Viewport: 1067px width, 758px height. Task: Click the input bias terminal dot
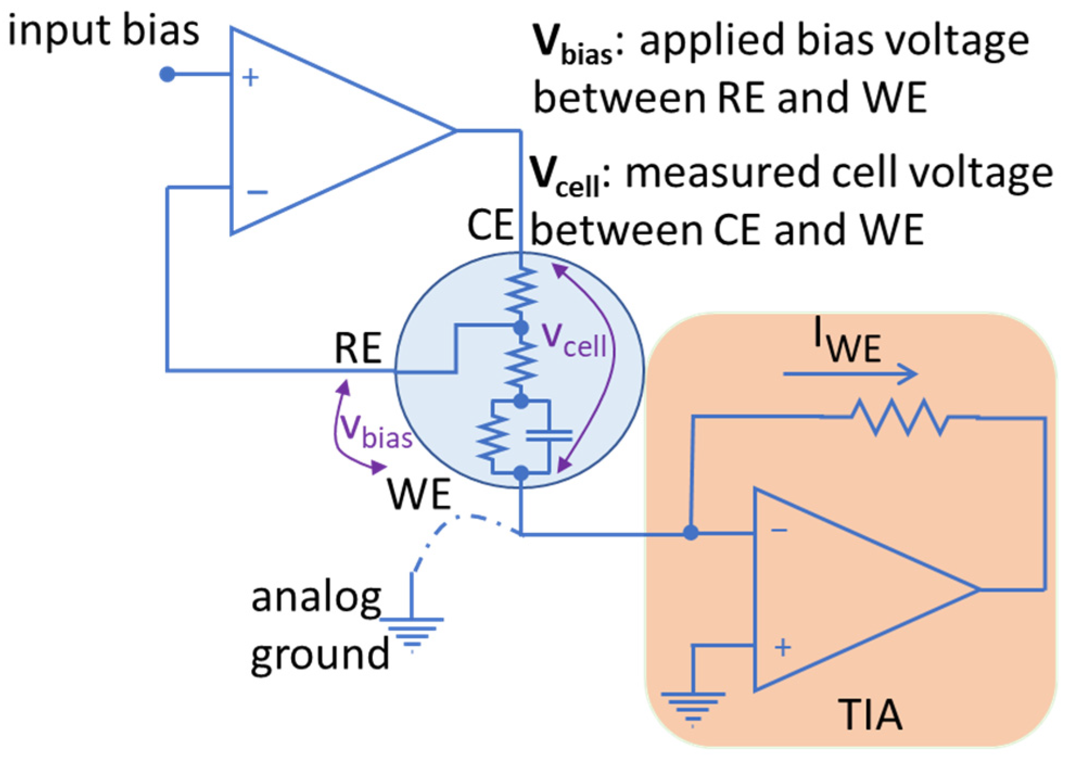pyautogui.click(x=167, y=74)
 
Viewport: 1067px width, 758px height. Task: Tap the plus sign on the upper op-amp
pyautogui.click(x=250, y=78)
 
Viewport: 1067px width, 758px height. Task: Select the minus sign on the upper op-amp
pyautogui.click(x=257, y=192)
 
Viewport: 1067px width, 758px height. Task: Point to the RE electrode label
pyautogui.click(x=358, y=348)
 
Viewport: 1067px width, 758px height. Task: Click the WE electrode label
pyautogui.click(x=418, y=494)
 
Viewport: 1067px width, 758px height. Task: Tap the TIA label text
pyautogui.click(x=870, y=715)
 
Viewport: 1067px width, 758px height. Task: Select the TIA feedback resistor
pyautogui.click(x=900, y=417)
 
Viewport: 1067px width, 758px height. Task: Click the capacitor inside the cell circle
pyautogui.click(x=549, y=435)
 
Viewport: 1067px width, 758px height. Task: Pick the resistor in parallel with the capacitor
pyautogui.click(x=492, y=437)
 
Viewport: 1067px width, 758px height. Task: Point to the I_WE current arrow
pyautogui.click(x=850, y=373)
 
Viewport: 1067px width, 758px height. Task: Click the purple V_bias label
pyautogui.click(x=375, y=431)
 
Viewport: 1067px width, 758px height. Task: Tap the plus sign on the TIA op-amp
pyautogui.click(x=782, y=647)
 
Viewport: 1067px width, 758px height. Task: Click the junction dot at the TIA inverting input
pyautogui.click(x=691, y=533)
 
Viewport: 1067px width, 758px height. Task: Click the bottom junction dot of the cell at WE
pyautogui.click(x=521, y=473)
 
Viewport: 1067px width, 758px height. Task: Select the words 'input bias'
pyautogui.click(x=103, y=30)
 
